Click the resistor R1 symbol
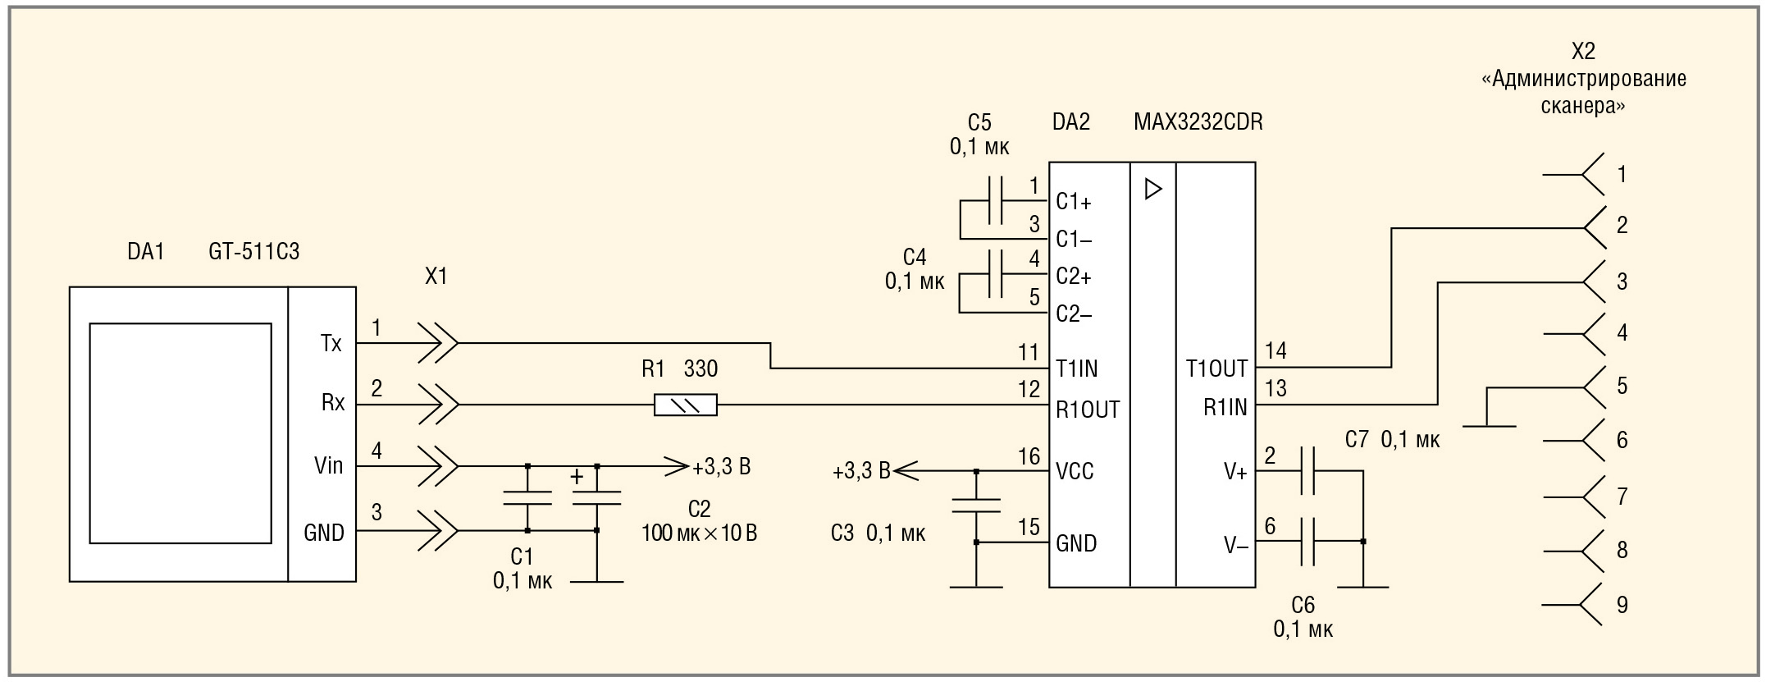point(685,405)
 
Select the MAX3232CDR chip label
point(1198,122)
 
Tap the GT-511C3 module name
point(253,251)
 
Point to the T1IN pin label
point(1076,369)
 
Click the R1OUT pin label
point(1087,410)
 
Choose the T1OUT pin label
point(1216,369)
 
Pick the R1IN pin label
point(1225,407)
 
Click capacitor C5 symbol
point(996,199)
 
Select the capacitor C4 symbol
point(996,274)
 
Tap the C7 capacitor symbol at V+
point(1307,470)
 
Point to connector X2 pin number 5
point(1622,386)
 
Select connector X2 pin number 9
point(1622,605)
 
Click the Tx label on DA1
point(331,343)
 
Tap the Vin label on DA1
point(328,466)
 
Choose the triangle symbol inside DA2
point(1153,190)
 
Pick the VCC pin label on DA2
point(1075,472)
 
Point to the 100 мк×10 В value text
point(699,533)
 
